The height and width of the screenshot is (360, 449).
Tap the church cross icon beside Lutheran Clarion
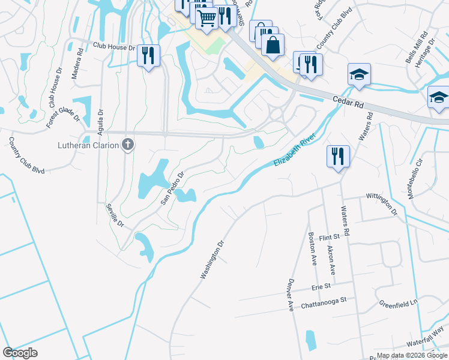coord(127,144)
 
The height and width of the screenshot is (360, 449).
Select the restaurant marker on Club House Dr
coord(147,56)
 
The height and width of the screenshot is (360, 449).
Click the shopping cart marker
coord(206,19)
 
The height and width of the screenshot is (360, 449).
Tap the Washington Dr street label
coord(212,260)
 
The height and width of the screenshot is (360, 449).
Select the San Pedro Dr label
coord(171,188)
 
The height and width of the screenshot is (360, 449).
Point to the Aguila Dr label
coord(100,121)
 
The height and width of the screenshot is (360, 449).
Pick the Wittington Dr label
coord(382,203)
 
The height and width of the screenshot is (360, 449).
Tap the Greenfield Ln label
coord(397,304)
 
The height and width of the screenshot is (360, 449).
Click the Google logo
coord(20,353)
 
